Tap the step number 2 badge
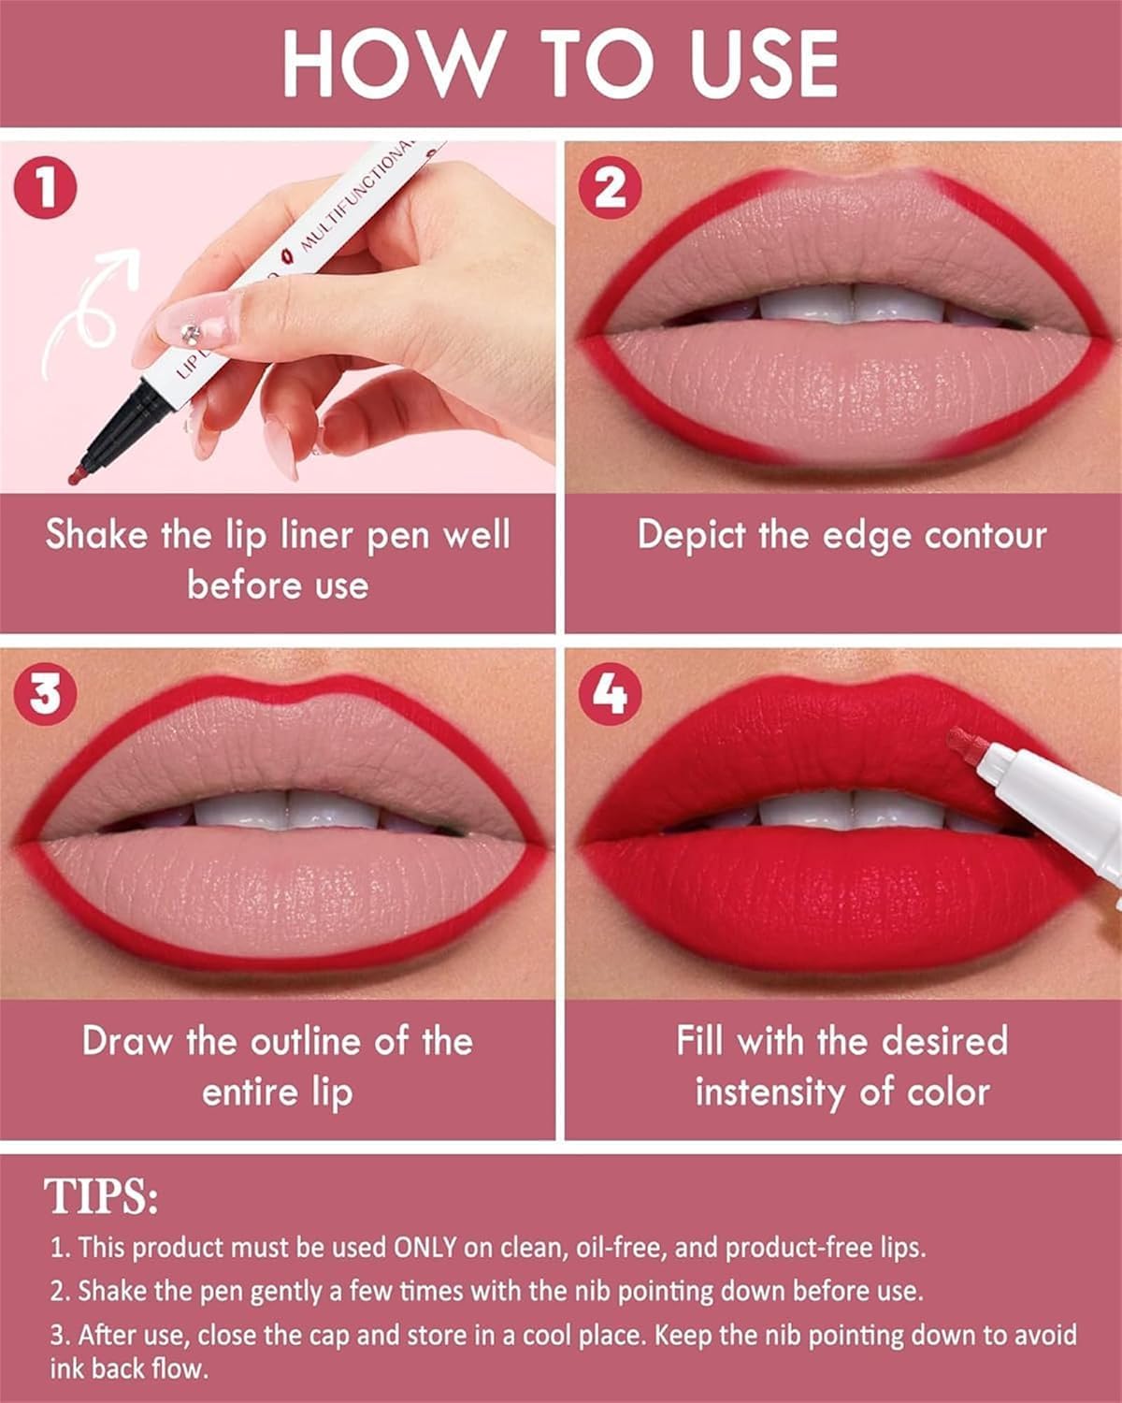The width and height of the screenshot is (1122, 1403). pos(610,191)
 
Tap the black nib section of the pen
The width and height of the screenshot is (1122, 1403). pos(117,431)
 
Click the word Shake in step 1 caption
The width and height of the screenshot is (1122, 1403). pos(97,535)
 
